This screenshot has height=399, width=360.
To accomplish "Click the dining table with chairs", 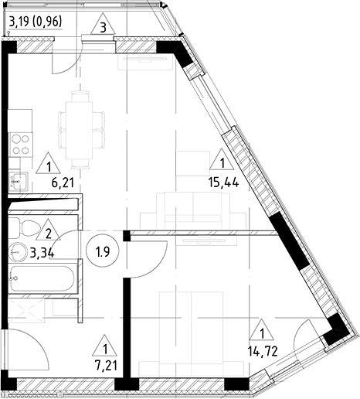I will (x=81, y=128).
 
